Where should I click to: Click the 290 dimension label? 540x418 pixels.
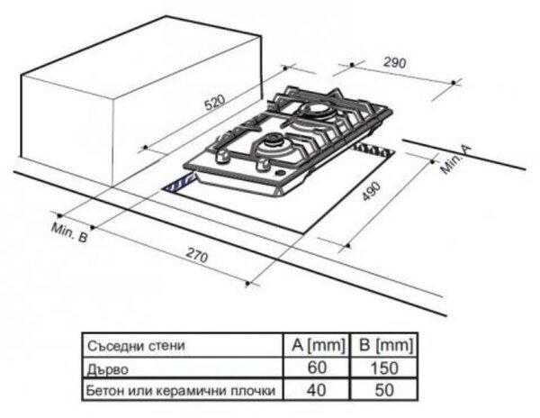pyautogui.click(x=395, y=62)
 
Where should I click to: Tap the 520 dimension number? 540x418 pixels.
pyautogui.click(x=215, y=102)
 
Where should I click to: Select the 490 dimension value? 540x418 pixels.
pyautogui.click(x=372, y=191)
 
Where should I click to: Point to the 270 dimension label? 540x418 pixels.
pyautogui.click(x=197, y=255)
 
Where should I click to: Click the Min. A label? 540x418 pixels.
pyautogui.click(x=456, y=159)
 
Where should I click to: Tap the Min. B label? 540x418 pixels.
pyautogui.click(x=69, y=232)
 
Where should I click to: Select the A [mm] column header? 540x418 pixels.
pyautogui.click(x=318, y=345)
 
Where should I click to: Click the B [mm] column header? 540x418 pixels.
pyautogui.click(x=385, y=345)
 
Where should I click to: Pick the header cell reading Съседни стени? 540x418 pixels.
pyautogui.click(x=136, y=346)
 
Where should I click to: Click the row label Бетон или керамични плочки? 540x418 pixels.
pyautogui.click(x=181, y=390)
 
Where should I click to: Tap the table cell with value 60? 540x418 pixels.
pyautogui.click(x=317, y=368)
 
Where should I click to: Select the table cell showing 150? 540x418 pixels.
pyautogui.click(x=384, y=368)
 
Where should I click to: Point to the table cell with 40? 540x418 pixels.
pyautogui.click(x=316, y=390)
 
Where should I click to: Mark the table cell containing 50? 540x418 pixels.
pyautogui.click(x=384, y=390)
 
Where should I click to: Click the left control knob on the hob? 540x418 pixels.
pyautogui.click(x=223, y=157)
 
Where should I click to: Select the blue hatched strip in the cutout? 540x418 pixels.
pyautogui.click(x=179, y=184)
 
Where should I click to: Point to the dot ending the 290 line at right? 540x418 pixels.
pyautogui.click(x=454, y=82)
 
